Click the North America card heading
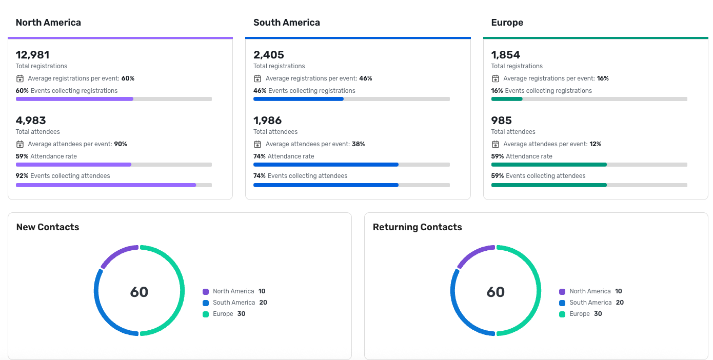pos(48,23)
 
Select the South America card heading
pos(286,23)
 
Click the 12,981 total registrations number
pos(32,55)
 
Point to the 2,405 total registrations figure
pos(268,55)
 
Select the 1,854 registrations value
pos(505,55)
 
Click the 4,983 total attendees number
pos(31,121)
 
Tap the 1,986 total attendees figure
pos(267,121)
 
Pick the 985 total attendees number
pos(501,121)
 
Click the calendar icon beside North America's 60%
pos(20,78)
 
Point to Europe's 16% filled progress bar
pos(506,99)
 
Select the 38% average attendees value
pos(358,144)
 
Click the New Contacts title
pos(48,227)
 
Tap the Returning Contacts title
pos(417,227)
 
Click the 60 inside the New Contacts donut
pos(139,292)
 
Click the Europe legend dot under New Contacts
pos(206,314)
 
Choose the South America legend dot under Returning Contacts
pos(562,303)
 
